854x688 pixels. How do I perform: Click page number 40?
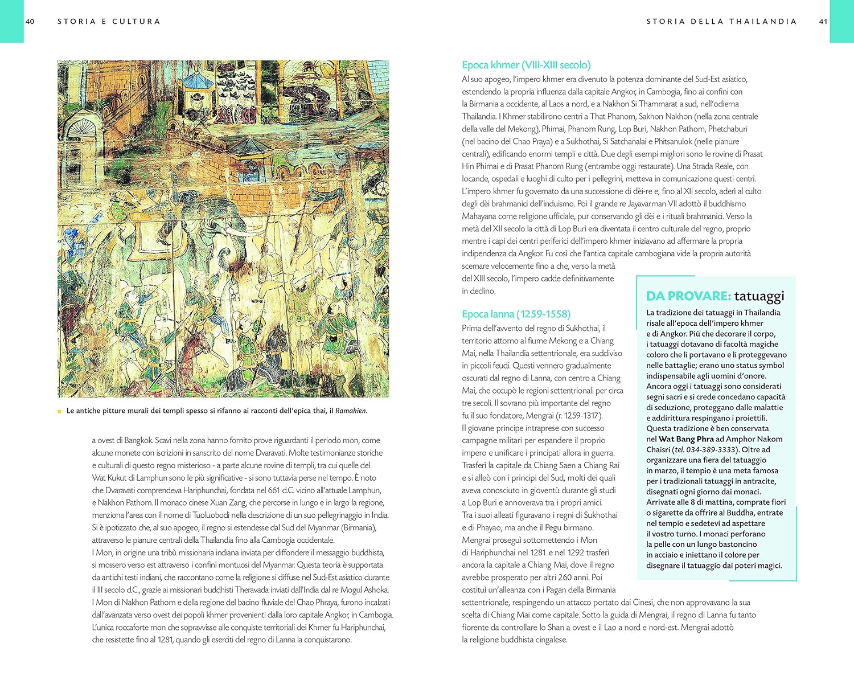[x=30, y=22]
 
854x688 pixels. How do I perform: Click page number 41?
[x=823, y=22]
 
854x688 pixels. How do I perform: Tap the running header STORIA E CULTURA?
[x=109, y=22]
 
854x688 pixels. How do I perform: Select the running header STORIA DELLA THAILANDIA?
[x=721, y=22]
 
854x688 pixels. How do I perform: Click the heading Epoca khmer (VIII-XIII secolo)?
[x=526, y=65]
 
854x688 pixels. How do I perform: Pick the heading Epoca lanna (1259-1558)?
[x=516, y=314]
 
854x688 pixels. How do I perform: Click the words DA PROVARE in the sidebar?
[x=688, y=296]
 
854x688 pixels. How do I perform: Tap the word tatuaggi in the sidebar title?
[x=759, y=296]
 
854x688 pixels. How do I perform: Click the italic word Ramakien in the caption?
[x=350, y=411]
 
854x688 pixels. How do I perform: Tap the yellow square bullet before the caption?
[x=59, y=411]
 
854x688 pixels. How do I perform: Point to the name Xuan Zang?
[x=227, y=503]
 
